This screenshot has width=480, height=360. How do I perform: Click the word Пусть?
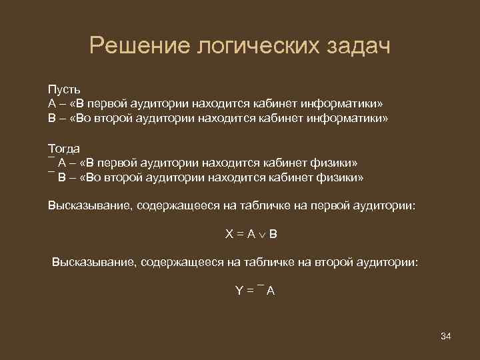(x=63, y=89)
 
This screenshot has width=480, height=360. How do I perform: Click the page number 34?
(x=446, y=335)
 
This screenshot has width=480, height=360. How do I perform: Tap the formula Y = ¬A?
(x=255, y=291)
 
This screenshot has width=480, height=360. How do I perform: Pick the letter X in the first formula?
(x=229, y=235)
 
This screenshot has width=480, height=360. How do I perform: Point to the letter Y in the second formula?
(x=238, y=291)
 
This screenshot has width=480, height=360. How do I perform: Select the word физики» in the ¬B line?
(x=342, y=177)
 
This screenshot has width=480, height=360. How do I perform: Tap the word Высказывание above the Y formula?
(x=93, y=263)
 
